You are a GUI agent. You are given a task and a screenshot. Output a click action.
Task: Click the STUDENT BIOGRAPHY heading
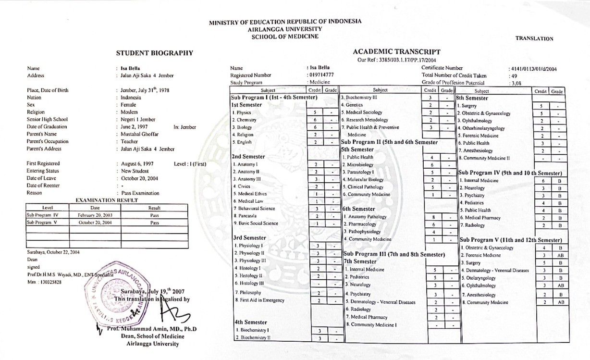[154, 53]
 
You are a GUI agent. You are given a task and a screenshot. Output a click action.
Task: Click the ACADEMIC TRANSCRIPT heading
[396, 51]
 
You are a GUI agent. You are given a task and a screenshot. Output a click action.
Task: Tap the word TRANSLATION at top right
[534, 38]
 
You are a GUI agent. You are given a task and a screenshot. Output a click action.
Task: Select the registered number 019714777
[320, 75]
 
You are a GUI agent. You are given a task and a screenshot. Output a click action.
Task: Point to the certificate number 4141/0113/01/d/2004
[532, 69]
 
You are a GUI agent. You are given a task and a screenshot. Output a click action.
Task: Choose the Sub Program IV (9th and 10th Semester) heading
[510, 173]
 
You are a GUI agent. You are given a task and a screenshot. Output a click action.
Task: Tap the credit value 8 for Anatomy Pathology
[434, 217]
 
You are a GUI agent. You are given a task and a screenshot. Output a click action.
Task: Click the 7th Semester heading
[360, 261]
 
